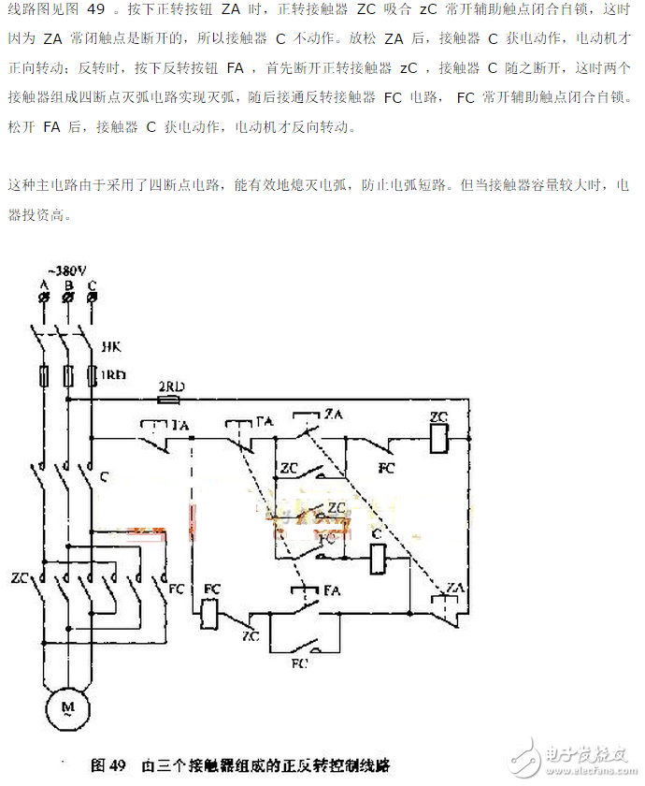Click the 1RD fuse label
coord(113,374)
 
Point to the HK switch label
coord(109,347)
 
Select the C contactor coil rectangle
coord(379,560)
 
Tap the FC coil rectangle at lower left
coord(211,613)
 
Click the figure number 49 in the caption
coord(116,764)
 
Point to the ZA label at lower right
coord(455,587)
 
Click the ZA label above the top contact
coord(333,414)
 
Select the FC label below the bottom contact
coord(299,663)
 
